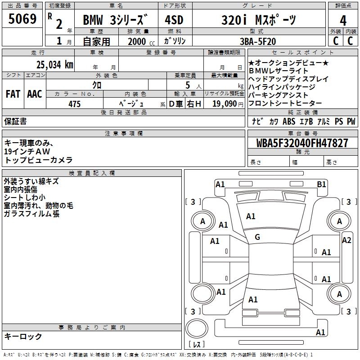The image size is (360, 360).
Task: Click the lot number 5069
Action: [22, 19]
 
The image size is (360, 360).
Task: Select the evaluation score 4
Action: [343, 20]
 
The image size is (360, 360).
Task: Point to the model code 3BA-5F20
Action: [258, 40]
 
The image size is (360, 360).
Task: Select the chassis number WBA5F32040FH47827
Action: [302, 143]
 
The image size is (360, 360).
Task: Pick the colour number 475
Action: [74, 104]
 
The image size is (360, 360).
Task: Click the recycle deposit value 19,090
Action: [225, 104]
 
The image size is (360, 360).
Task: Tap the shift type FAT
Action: [13, 94]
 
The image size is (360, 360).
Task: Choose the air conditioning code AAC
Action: [35, 94]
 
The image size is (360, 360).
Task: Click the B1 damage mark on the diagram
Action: [321, 184]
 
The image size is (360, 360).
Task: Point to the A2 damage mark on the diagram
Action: [346, 240]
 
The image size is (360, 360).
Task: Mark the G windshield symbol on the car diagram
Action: [257, 237]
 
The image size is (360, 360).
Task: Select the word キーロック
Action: [23, 337]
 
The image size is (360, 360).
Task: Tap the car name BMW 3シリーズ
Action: [116, 20]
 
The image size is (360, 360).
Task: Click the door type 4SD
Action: [174, 20]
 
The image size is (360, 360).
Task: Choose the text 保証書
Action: [15, 121]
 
